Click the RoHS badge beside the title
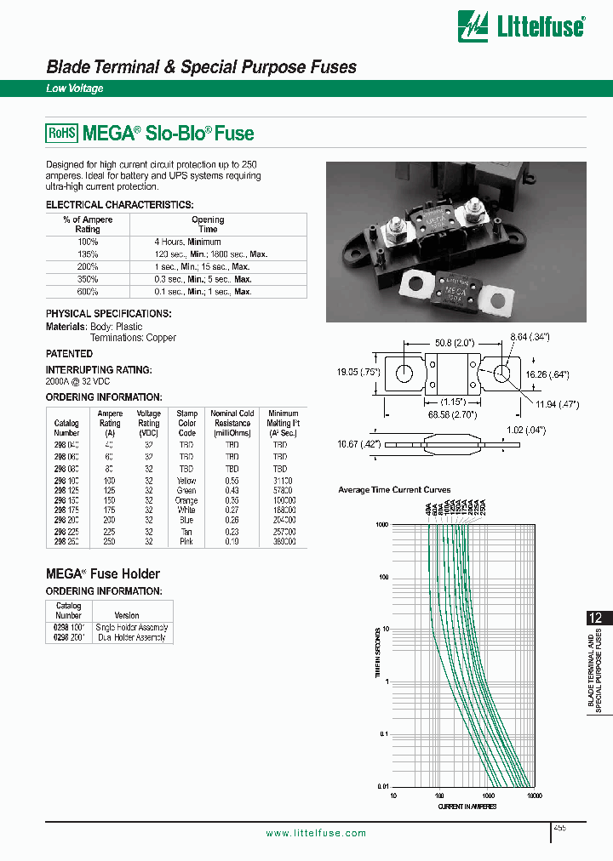click(61, 133)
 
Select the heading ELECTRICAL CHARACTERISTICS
click(119, 205)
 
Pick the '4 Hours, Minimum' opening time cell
click(187, 242)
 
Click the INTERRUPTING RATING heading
click(99, 370)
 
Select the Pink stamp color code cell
click(186, 541)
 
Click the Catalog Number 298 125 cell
click(66, 491)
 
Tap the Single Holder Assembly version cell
click(133, 627)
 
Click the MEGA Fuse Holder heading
click(102, 573)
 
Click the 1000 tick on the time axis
click(381, 526)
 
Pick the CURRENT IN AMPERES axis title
click(467, 806)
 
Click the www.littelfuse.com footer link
click(316, 834)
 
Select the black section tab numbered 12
click(598, 619)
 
